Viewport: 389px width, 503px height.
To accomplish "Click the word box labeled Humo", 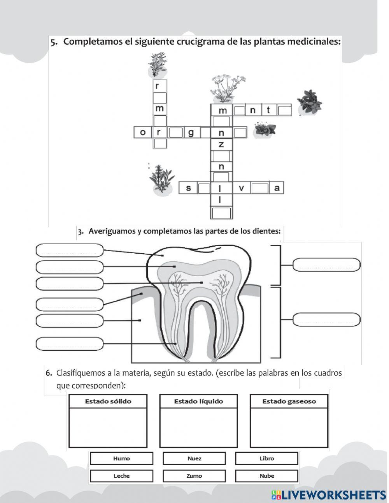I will click(x=121, y=459).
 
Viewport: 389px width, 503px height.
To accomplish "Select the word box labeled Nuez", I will click(x=194, y=459).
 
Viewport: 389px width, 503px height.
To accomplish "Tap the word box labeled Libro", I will click(x=266, y=459).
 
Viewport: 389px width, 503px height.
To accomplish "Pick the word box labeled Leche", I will click(x=121, y=476).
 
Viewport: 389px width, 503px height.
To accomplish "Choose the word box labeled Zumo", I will click(x=194, y=476).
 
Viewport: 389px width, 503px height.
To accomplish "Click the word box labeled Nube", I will click(x=266, y=476).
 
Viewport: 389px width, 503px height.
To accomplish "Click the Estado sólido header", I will click(x=108, y=401).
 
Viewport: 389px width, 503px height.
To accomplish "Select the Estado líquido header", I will click(x=198, y=401).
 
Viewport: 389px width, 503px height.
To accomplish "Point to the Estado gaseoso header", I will click(x=289, y=401).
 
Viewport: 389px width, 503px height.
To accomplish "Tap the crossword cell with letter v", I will click(x=241, y=188).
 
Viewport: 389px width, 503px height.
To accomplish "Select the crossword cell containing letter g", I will click(x=191, y=132).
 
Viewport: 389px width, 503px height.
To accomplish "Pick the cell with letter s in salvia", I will click(x=189, y=188).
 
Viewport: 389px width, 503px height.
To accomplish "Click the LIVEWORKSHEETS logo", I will click(x=329, y=495).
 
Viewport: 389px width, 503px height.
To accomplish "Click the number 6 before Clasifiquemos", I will click(x=49, y=373).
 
